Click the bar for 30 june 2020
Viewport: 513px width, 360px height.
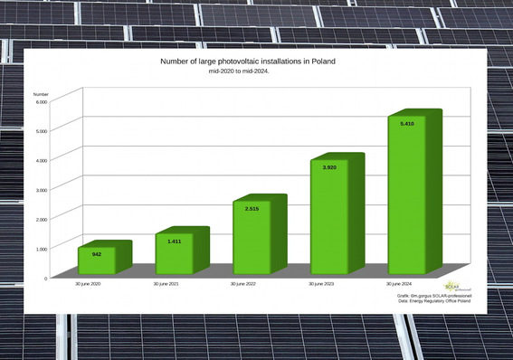pos(97,260)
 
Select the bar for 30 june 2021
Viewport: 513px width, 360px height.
pos(175,254)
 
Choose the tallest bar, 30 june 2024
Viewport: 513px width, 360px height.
pos(407,195)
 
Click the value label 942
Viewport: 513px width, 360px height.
pos(96,254)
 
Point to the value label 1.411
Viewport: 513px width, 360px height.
pos(174,242)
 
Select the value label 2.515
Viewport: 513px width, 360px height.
pos(252,209)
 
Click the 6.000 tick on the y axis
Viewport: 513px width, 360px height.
pos(41,101)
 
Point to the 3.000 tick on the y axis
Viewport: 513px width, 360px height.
pos(41,189)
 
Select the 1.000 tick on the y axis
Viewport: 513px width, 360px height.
pos(41,248)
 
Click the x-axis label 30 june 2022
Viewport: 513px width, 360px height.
pos(248,284)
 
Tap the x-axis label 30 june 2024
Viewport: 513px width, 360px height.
pos(404,284)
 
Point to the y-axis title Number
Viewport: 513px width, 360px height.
pos(41,93)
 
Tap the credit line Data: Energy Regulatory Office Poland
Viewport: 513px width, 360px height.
pos(434,300)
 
